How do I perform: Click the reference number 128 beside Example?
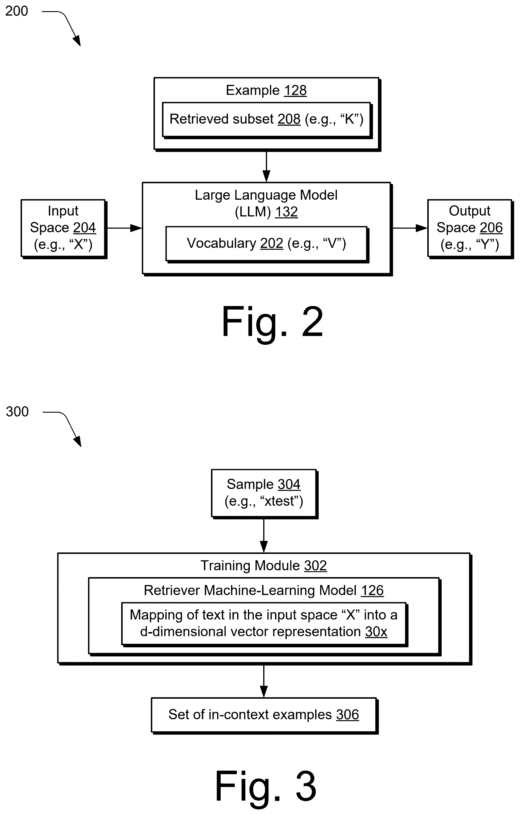click(295, 90)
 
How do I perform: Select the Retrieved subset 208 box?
click(267, 120)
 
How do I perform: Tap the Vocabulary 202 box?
click(267, 244)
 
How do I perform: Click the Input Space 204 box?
click(64, 229)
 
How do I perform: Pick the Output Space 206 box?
click(470, 229)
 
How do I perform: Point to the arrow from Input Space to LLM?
click(124, 228)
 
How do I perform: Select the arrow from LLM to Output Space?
click(410, 228)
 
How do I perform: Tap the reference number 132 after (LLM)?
click(286, 212)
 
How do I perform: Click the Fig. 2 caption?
click(273, 322)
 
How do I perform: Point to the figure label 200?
click(16, 11)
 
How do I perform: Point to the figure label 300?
click(17, 411)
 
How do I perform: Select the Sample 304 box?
click(264, 494)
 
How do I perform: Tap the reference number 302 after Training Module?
click(315, 566)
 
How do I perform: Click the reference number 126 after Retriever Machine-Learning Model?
click(372, 591)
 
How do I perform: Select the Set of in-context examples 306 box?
click(264, 715)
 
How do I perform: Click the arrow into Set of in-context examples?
click(264, 681)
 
